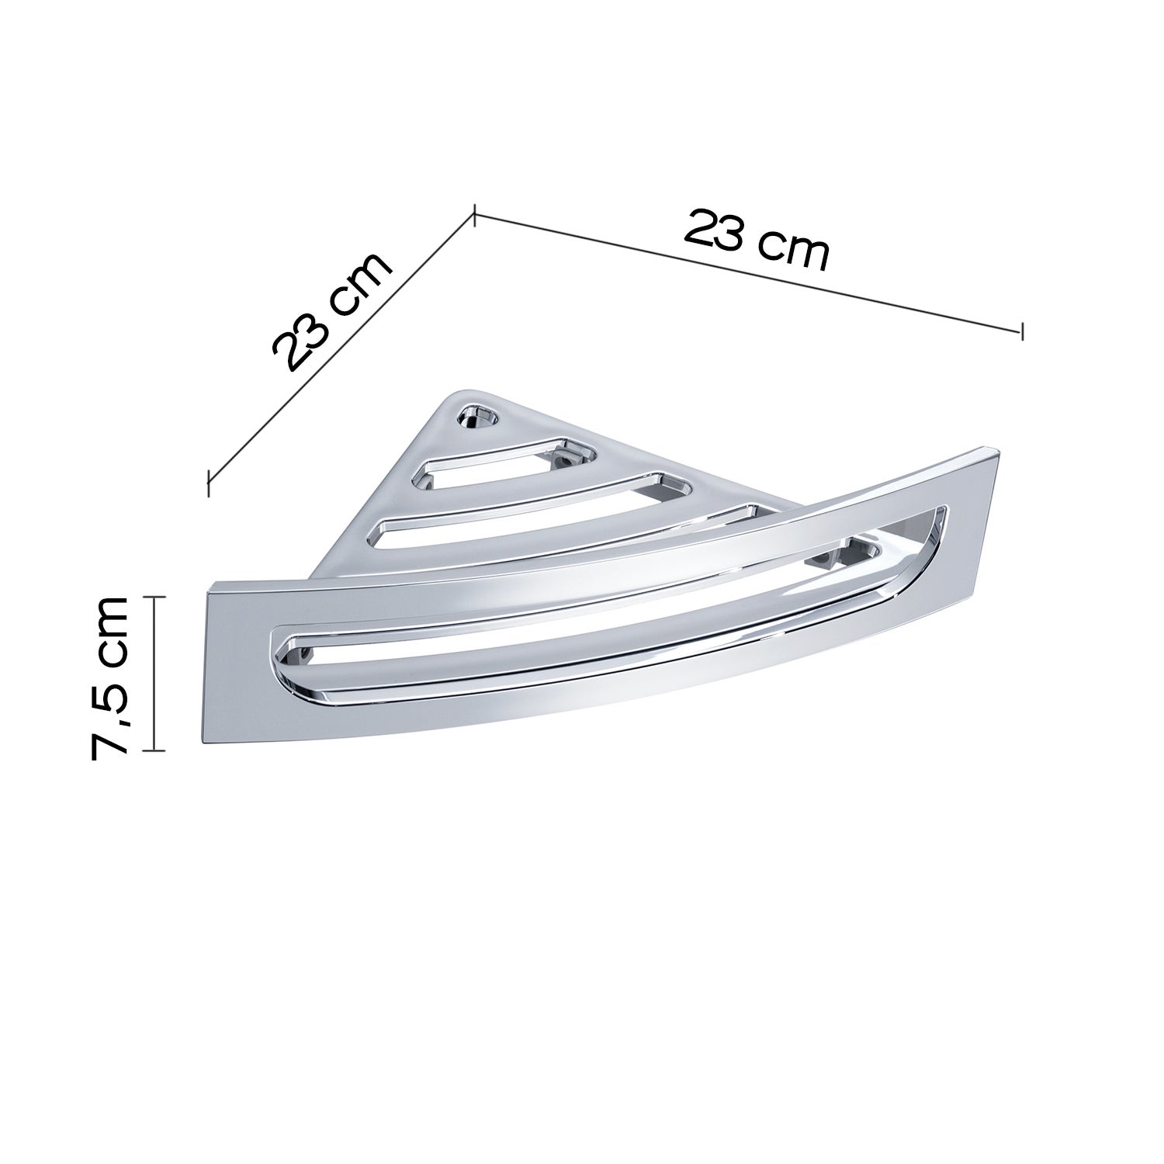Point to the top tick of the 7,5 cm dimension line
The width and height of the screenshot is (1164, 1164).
tap(155, 597)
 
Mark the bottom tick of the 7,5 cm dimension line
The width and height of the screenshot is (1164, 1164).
tap(155, 750)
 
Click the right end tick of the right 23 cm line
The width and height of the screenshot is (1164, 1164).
tap(1022, 330)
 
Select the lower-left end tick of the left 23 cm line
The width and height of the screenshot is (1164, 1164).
tap(208, 482)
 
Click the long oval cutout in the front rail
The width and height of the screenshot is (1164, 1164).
tap(605, 613)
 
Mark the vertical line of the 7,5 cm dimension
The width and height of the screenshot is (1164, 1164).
tap(155, 674)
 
